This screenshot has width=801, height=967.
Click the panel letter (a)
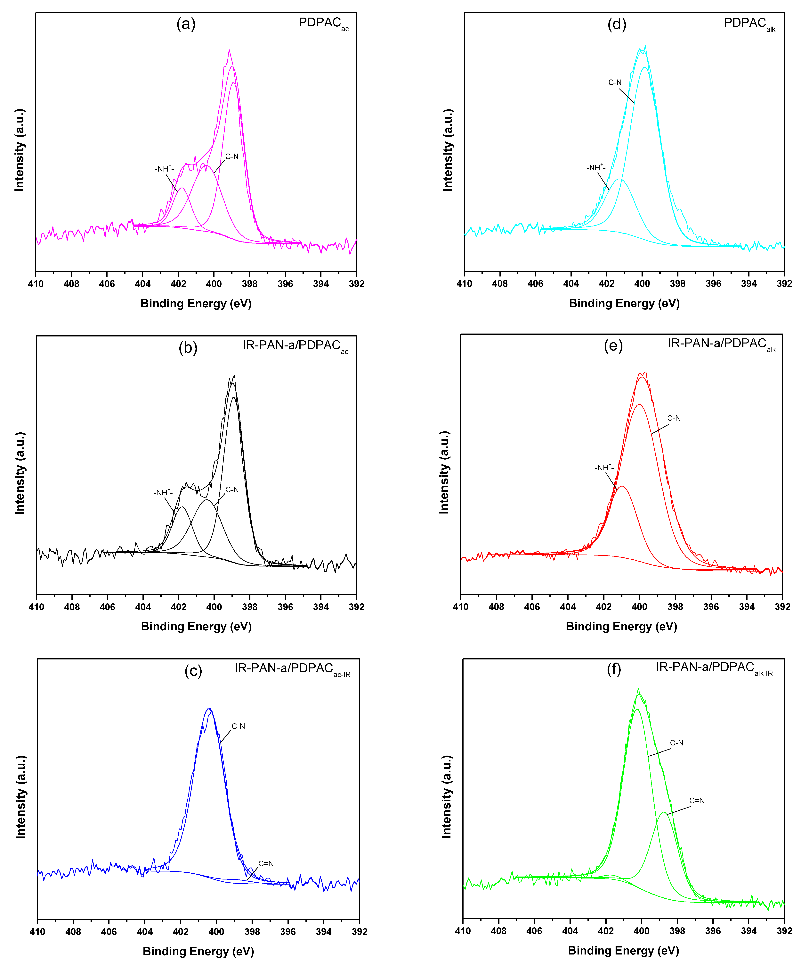[186, 24]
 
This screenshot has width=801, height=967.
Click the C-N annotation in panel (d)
[615, 82]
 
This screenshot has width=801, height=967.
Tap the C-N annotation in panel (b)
[232, 489]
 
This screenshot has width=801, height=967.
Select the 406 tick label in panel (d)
[535, 284]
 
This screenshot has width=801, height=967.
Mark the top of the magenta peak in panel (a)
[229, 50]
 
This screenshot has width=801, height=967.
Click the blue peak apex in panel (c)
[209, 709]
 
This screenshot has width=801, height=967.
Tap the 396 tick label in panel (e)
[711, 607]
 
